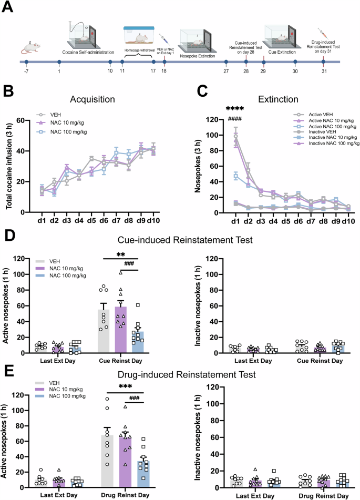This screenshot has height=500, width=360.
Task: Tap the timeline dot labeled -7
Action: point(26,62)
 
